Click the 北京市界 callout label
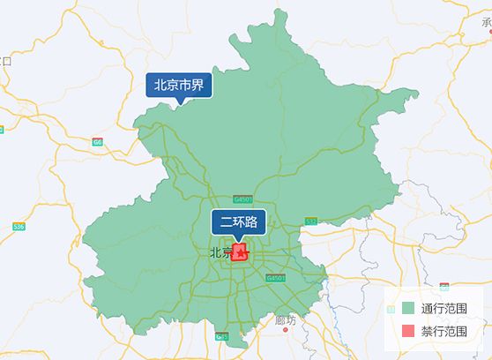pos(179,85)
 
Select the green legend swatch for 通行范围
pos(407,309)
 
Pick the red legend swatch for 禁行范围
pos(407,332)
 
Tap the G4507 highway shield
pos(243,200)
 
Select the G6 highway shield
pos(97,141)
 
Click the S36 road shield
pos(19,227)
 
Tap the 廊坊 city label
pos(287,320)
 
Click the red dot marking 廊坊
pos(287,334)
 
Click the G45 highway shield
pos(221,336)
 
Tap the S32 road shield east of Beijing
pos(311,220)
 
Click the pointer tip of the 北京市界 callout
pos(179,103)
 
